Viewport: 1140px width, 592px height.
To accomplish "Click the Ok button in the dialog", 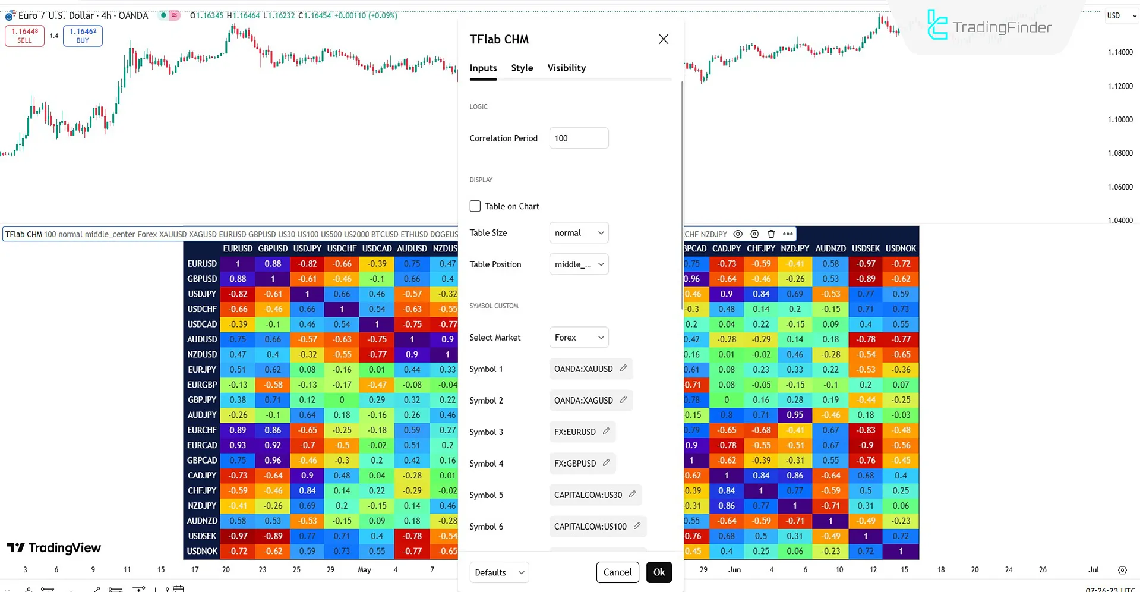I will pyautogui.click(x=659, y=572).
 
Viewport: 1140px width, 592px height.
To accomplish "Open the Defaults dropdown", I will pyautogui.click(x=499, y=572).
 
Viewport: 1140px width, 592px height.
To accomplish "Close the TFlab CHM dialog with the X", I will pyautogui.click(x=664, y=39).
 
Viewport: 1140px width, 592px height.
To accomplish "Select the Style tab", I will pyautogui.click(x=522, y=68).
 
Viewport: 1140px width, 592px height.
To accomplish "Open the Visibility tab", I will pyautogui.click(x=566, y=68).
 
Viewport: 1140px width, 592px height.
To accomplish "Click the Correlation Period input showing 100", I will pyautogui.click(x=579, y=138).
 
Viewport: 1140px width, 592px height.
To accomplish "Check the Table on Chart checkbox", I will pyautogui.click(x=475, y=206).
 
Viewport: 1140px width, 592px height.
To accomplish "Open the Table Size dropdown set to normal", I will pyautogui.click(x=579, y=233).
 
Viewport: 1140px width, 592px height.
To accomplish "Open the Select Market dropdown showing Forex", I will pyautogui.click(x=579, y=338).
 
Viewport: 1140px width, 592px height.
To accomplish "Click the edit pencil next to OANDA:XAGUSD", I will pyautogui.click(x=623, y=400).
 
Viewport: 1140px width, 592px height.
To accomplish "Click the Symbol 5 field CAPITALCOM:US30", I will pyautogui.click(x=588, y=495).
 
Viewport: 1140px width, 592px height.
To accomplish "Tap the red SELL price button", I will pyautogui.click(x=24, y=36).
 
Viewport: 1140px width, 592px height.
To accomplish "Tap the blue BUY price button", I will pyautogui.click(x=83, y=36).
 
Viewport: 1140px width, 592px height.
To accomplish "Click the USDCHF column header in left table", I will pyautogui.click(x=342, y=248).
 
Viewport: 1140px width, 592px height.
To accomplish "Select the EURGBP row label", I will pyautogui.click(x=202, y=385).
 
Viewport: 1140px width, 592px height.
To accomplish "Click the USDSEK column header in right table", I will pyautogui.click(x=866, y=248).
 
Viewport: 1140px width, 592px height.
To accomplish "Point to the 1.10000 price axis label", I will pyautogui.click(x=1120, y=119).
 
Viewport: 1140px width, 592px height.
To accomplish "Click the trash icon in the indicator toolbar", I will pyautogui.click(x=771, y=234).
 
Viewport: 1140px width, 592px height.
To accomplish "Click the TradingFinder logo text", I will pyautogui.click(x=1002, y=27).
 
